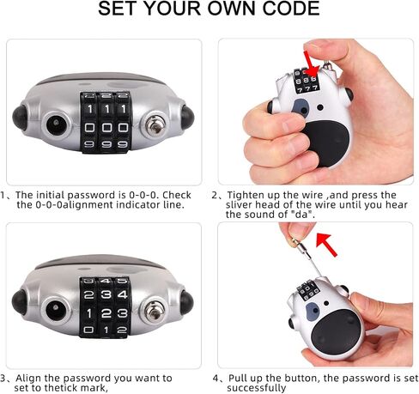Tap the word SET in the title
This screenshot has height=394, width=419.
tap(117, 9)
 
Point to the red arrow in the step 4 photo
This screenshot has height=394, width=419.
tap(326, 244)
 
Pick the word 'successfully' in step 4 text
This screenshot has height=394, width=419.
tap(257, 388)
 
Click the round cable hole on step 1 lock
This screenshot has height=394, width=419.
tap(57, 124)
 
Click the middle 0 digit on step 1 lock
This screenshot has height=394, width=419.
tap(106, 127)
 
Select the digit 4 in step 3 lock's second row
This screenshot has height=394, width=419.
tap(123, 294)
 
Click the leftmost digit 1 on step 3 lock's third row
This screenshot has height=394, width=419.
tap(89, 313)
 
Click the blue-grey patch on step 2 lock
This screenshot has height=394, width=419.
tap(301, 107)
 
